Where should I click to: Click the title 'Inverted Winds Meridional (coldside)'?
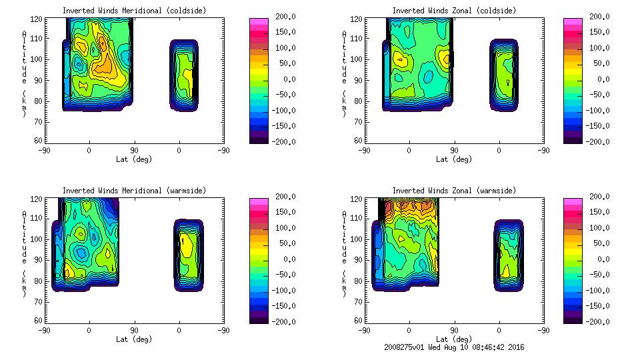[x=134, y=11]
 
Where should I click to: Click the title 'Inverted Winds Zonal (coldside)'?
[x=454, y=11]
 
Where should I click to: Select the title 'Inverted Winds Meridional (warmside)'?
[x=134, y=191]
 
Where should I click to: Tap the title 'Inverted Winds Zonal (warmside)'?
[x=454, y=191]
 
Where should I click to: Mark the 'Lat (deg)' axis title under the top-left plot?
[x=134, y=159]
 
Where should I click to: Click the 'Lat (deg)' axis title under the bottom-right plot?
[x=454, y=339]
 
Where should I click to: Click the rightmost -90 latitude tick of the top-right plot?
[x=544, y=150]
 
